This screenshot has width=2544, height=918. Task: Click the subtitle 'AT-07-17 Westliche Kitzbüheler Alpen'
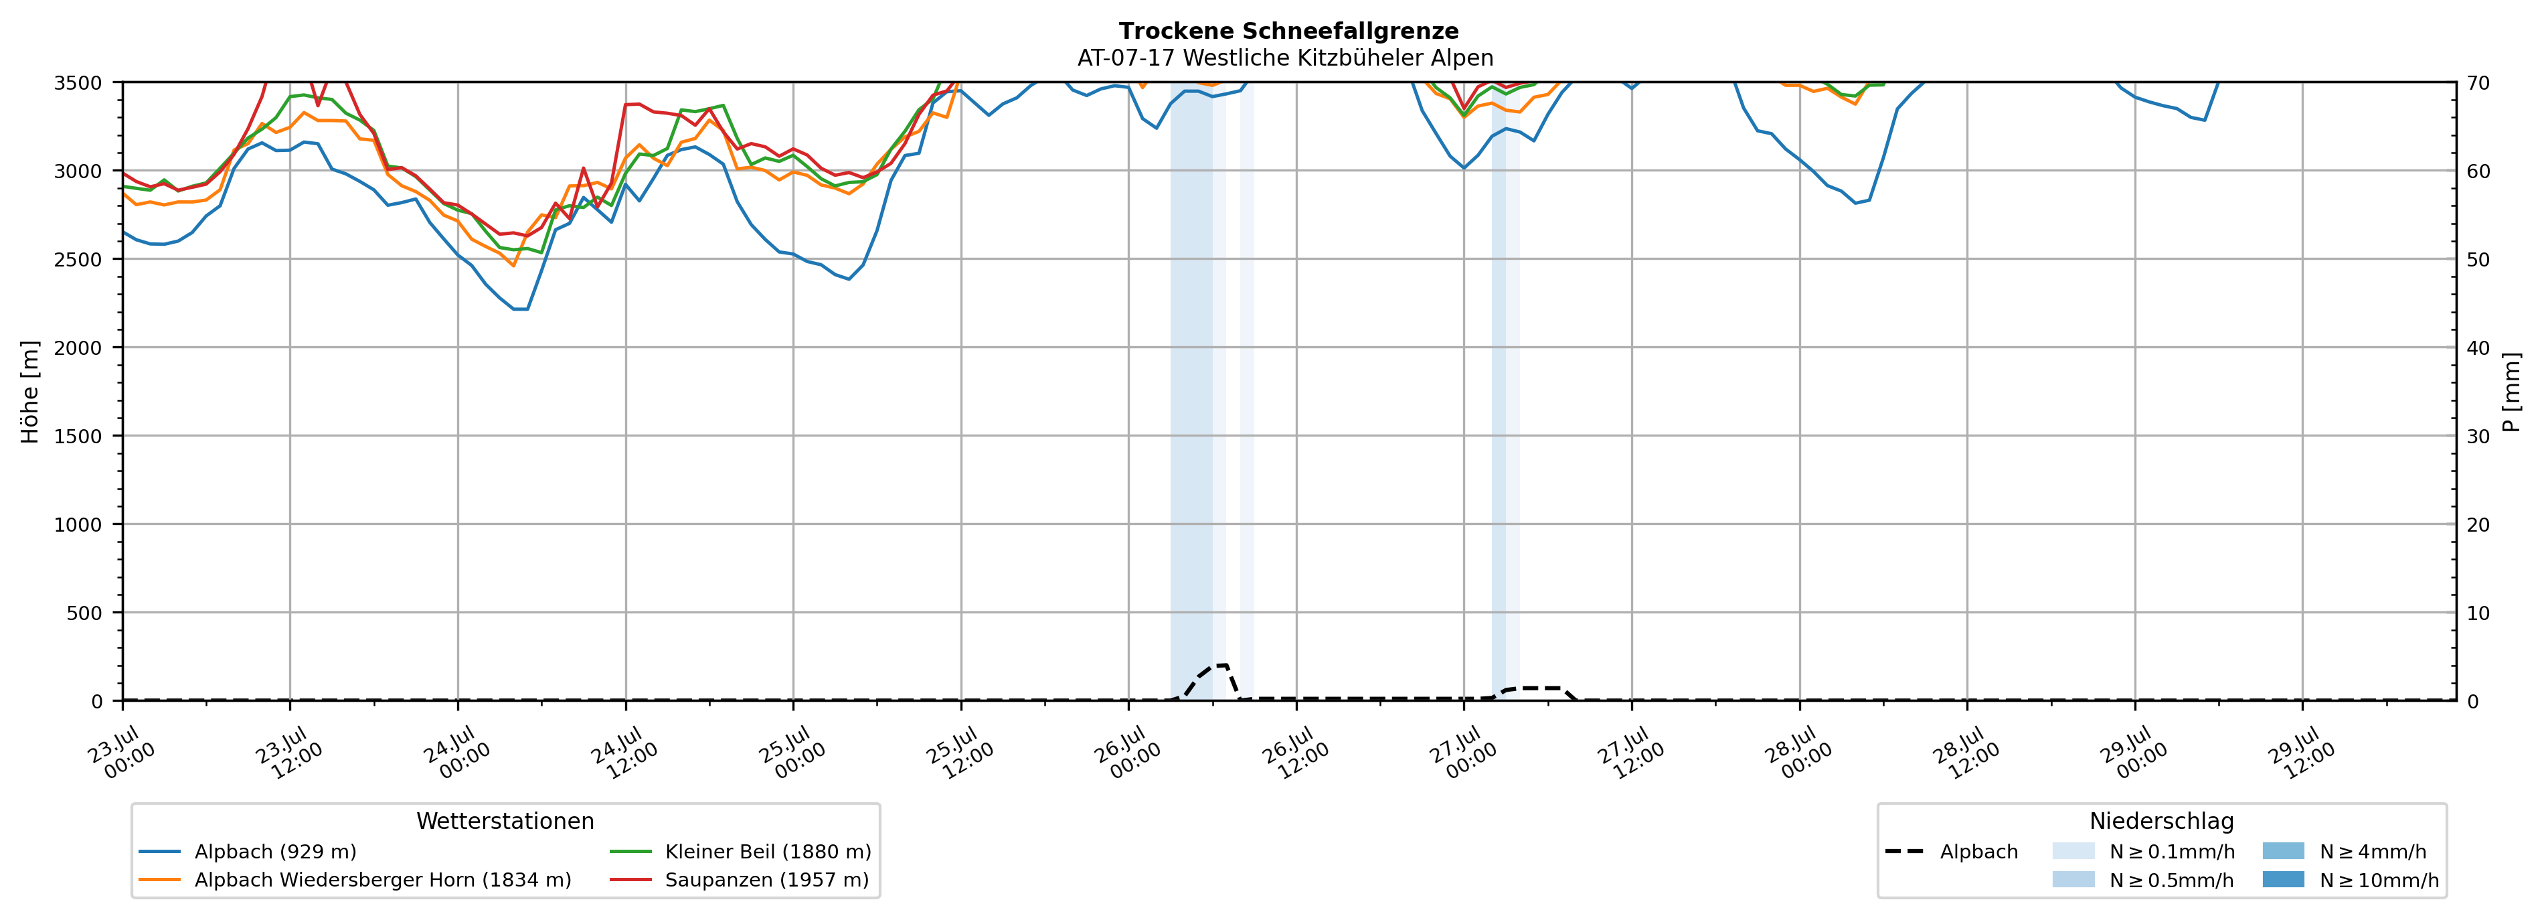pyautogui.click(x=1285, y=58)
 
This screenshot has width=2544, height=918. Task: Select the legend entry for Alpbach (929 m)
pyautogui.click(x=247, y=852)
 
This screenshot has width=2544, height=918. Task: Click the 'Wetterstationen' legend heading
pyautogui.click(x=505, y=821)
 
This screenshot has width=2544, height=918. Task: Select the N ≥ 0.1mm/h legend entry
pyautogui.click(x=2143, y=852)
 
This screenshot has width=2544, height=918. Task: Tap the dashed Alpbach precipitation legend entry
pyautogui.click(x=1952, y=852)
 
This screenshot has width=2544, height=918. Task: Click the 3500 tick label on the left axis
pyautogui.click(x=78, y=83)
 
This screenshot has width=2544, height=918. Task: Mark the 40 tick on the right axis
pyautogui.click(x=2478, y=348)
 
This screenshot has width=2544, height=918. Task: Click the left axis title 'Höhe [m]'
pyautogui.click(x=31, y=391)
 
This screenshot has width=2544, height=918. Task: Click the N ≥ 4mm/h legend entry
pyautogui.click(x=2345, y=852)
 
